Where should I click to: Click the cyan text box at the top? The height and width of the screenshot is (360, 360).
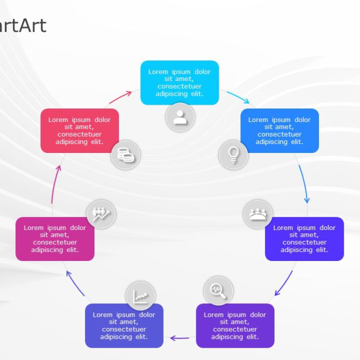179,82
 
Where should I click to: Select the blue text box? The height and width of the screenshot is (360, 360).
280,130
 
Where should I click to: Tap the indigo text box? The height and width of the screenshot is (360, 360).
304,238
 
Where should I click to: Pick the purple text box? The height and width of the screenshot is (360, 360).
235,326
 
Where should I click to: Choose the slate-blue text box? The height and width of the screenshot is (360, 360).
124,326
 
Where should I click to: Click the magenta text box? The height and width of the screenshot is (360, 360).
55,238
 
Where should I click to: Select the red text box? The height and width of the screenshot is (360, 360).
79,130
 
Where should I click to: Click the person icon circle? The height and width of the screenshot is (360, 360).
180,118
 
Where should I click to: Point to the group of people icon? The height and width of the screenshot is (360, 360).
258,214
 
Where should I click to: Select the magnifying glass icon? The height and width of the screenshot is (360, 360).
218,290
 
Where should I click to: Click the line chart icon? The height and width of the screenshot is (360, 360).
141,295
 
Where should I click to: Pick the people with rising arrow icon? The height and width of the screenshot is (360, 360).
101,214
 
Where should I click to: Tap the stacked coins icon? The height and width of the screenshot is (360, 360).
125,154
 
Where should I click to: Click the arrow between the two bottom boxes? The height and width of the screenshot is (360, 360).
180,337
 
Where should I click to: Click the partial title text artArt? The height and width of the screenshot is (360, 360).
22,25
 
